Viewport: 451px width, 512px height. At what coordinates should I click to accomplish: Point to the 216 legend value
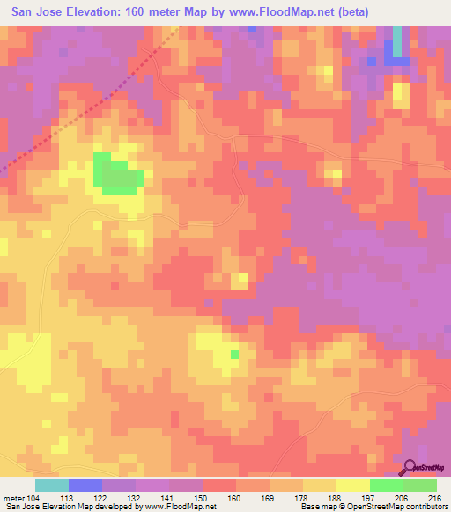434,497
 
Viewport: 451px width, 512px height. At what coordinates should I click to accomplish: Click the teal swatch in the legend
51,485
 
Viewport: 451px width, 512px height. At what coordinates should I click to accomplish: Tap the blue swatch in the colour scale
85,485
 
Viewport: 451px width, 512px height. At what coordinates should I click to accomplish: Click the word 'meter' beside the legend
12,497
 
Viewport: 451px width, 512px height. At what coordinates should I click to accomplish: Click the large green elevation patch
118,175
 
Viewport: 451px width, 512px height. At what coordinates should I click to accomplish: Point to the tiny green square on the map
234,355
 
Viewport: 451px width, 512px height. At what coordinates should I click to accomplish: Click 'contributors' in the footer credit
422,507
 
